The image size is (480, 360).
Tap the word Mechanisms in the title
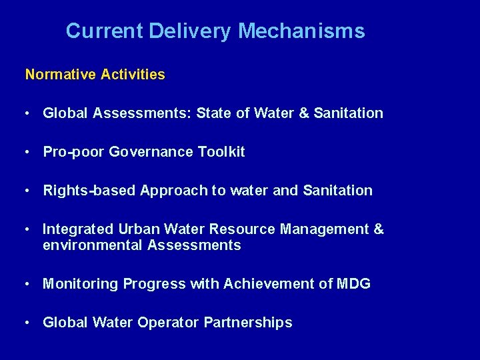(301, 31)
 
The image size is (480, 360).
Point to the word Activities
(133, 75)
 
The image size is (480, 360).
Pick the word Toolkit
(221, 152)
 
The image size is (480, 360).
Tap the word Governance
(151, 152)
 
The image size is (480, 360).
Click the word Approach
(174, 191)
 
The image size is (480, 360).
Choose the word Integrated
(78, 229)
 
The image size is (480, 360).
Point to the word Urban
(138, 229)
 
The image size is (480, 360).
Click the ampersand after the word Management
(379, 229)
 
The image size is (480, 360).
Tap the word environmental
(93, 245)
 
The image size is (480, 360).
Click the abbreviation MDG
(354, 284)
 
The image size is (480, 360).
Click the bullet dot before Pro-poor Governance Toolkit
(25, 152)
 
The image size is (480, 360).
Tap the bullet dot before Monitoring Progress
(25, 284)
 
